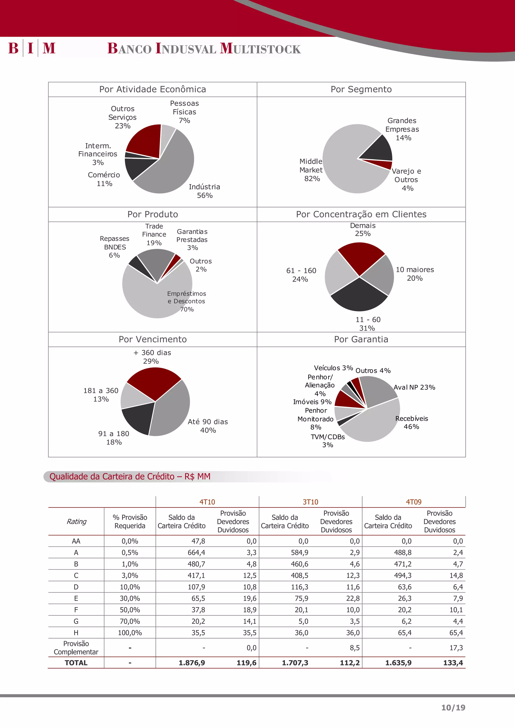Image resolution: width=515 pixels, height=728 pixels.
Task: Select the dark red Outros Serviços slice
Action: point(144,141)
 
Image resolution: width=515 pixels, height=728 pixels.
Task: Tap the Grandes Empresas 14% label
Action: point(402,129)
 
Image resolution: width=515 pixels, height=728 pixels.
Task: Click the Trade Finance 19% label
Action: point(154,235)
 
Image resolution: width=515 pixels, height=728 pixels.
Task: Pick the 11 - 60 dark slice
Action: point(359,296)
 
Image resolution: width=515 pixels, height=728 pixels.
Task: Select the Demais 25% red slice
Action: point(361,257)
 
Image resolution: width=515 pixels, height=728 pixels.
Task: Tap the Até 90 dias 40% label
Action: point(208,426)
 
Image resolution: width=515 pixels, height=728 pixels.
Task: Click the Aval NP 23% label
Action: point(414,387)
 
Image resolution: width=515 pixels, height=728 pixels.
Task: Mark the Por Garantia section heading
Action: point(361,339)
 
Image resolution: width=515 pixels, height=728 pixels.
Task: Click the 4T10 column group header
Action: point(207,502)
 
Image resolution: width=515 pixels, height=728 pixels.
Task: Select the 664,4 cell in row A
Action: point(196,552)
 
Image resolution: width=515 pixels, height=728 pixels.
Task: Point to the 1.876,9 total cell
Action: point(192,663)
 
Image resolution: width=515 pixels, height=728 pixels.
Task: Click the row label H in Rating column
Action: point(76,633)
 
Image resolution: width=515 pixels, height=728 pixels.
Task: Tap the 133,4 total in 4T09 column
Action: point(453,663)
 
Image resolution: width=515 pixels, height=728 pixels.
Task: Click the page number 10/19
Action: point(453,707)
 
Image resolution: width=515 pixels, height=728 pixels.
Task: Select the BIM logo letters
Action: point(32,48)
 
